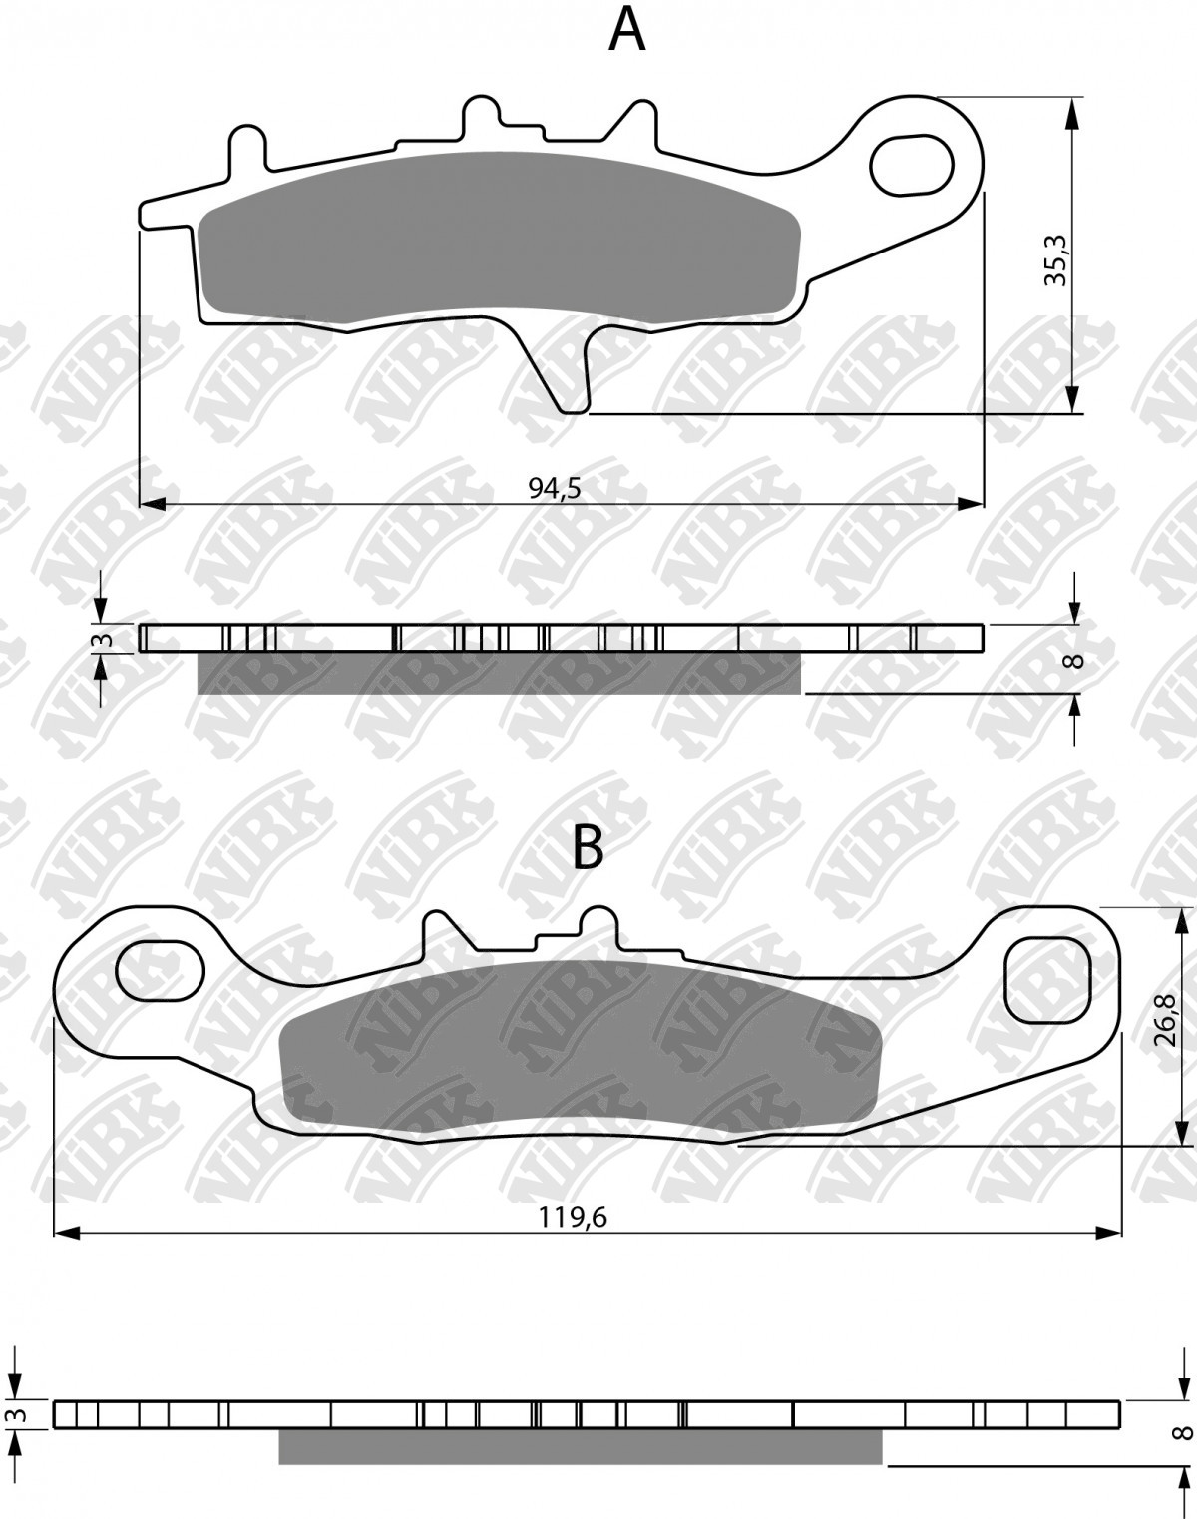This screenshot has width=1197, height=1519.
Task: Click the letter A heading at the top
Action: click(627, 30)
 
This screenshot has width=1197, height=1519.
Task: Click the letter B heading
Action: click(588, 848)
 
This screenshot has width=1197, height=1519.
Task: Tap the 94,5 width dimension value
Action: click(555, 487)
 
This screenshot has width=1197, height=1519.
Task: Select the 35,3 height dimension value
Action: click(1055, 260)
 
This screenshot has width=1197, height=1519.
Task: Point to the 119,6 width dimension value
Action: click(574, 1217)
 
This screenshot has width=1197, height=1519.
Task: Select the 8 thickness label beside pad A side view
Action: click(1074, 660)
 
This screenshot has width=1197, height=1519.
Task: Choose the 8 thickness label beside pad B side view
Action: click(1184, 1432)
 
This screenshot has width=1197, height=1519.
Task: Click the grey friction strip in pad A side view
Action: click(499, 674)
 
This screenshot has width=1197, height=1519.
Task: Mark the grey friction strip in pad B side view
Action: click(579, 1446)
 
